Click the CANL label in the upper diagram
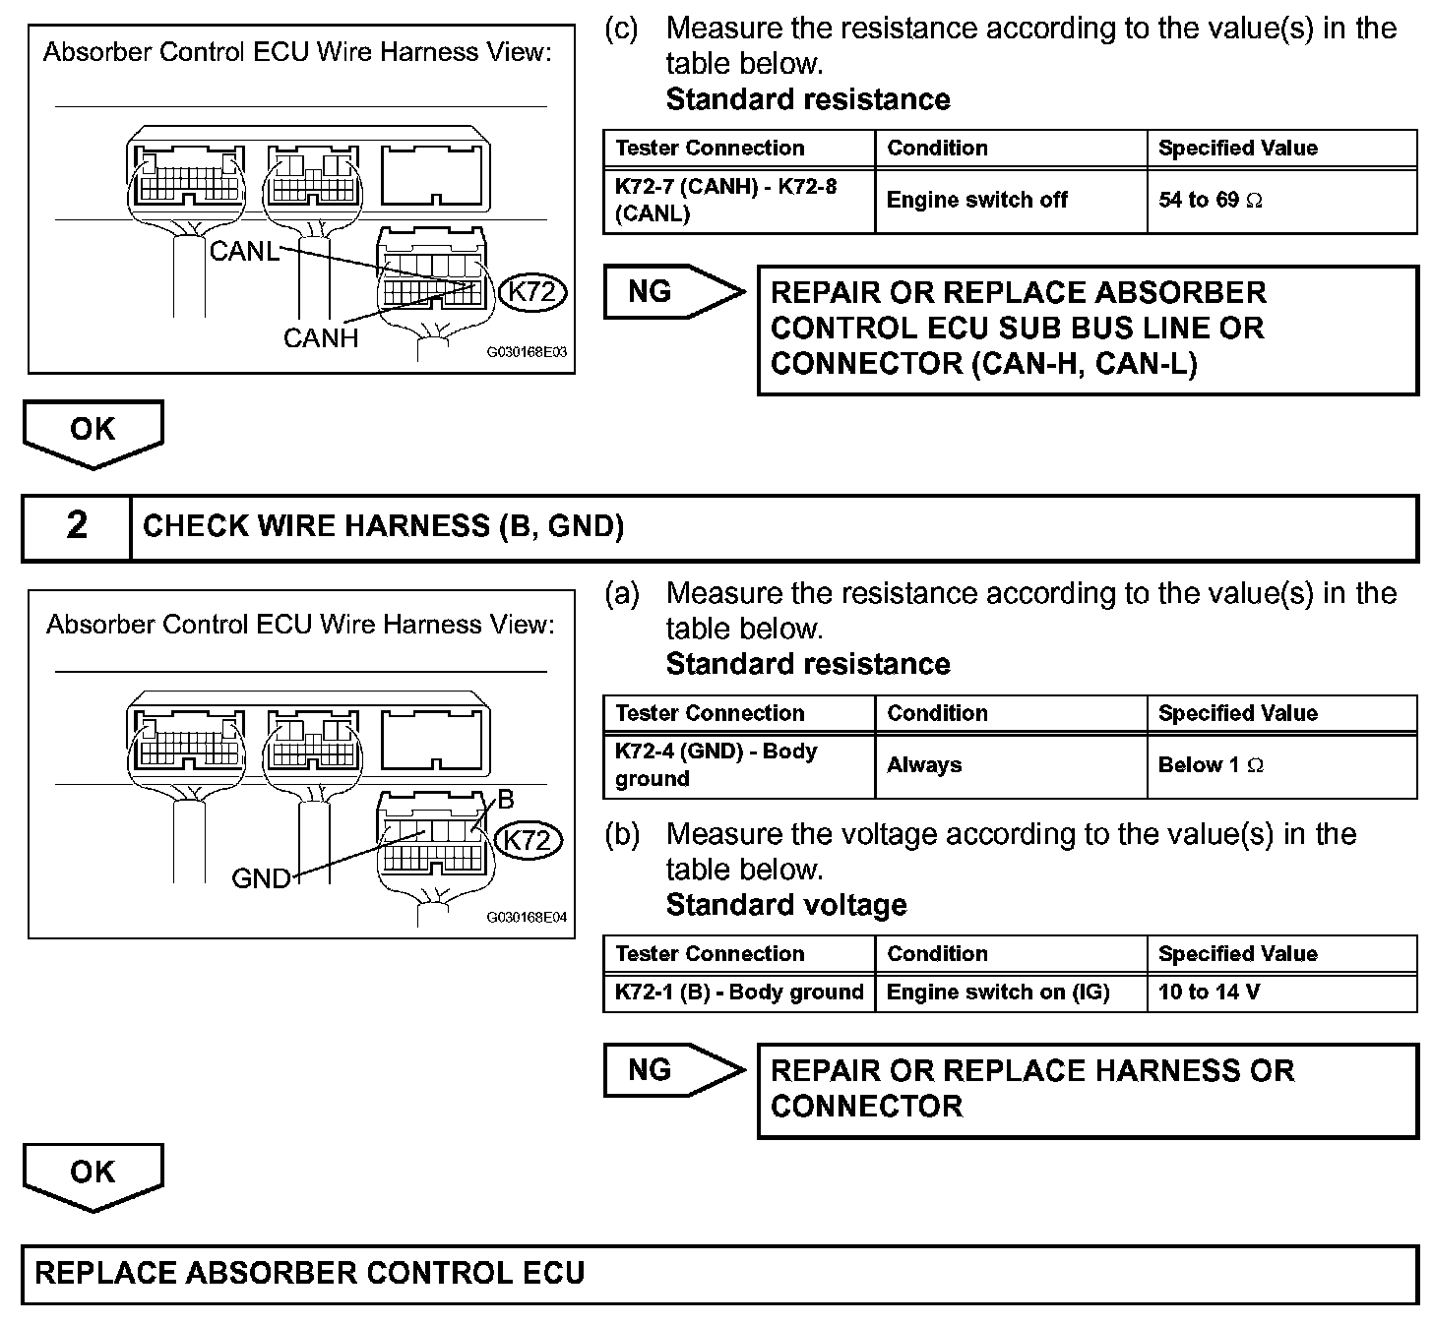click(x=244, y=251)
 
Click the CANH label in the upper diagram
click(x=321, y=338)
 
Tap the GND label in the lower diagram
click(x=261, y=877)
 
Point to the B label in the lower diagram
click(x=506, y=799)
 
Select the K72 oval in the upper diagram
click(x=532, y=292)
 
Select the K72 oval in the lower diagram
click(x=528, y=840)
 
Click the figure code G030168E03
click(x=527, y=351)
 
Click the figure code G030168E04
click(x=527, y=917)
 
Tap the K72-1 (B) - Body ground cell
click(x=738, y=993)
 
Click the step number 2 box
click(x=77, y=526)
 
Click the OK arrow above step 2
click(x=93, y=432)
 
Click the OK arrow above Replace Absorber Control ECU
click(x=93, y=1174)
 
